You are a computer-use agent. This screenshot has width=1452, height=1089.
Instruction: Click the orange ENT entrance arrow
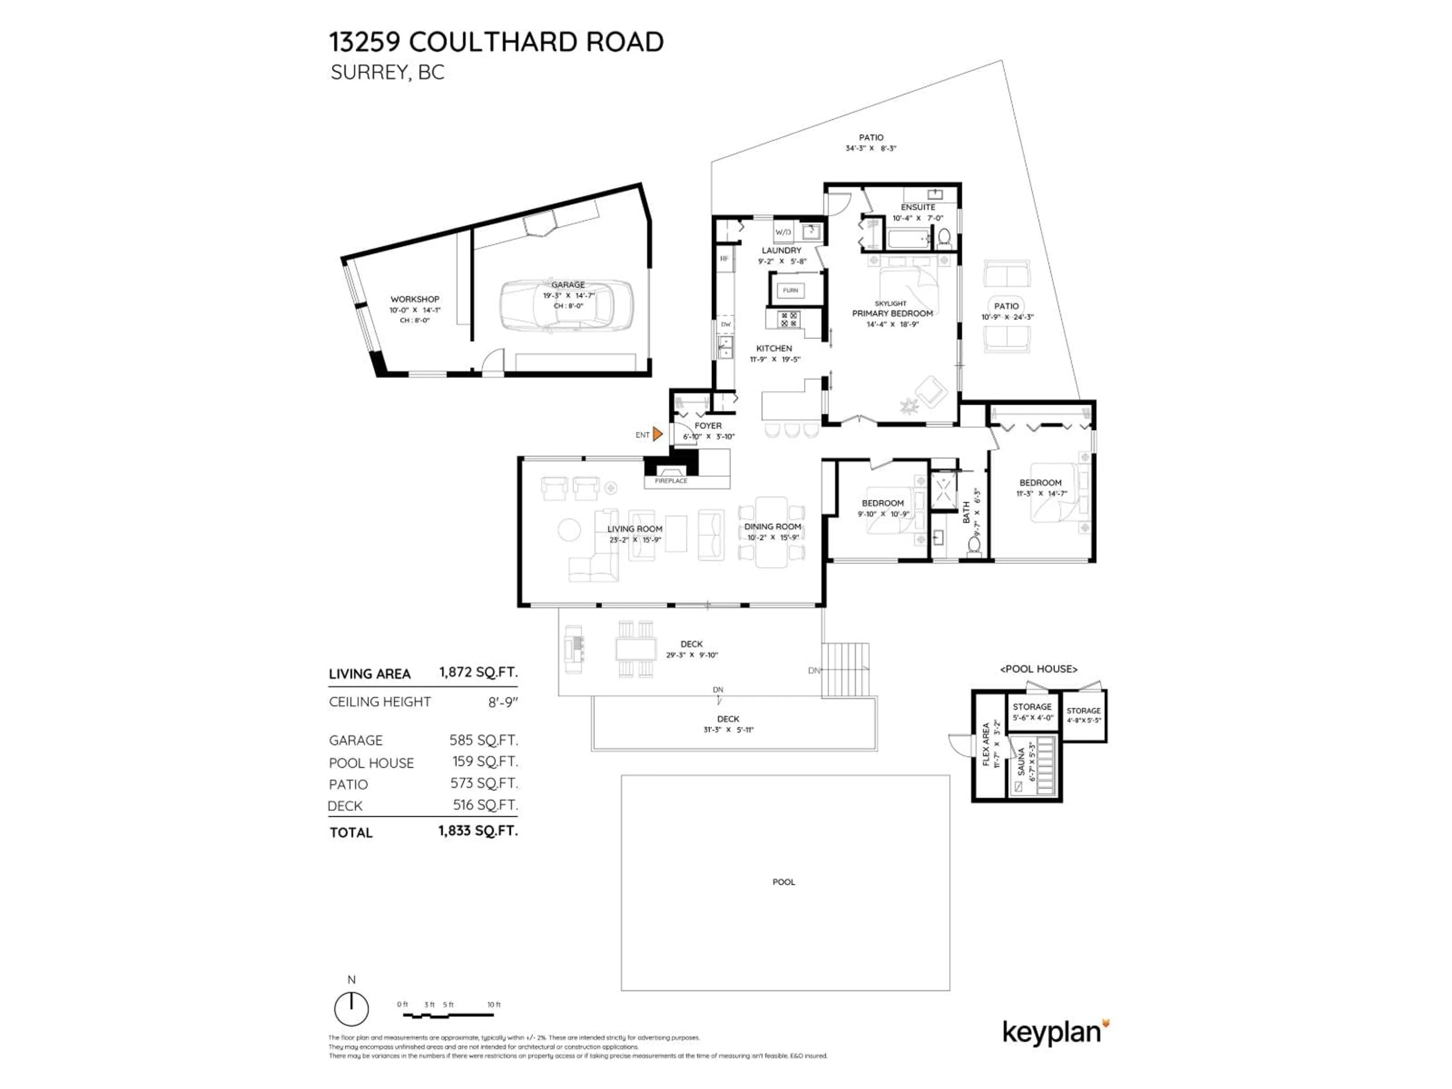coord(657,434)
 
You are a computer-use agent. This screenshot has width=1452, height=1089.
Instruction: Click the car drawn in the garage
coord(567,306)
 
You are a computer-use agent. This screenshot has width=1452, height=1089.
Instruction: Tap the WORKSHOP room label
coord(415,299)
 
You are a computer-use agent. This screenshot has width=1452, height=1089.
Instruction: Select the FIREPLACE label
coord(671,481)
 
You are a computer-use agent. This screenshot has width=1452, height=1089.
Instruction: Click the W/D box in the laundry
coord(783,232)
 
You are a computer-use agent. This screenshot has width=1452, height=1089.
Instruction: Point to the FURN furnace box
coord(790,290)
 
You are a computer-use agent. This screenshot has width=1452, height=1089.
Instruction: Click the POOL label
coord(784,881)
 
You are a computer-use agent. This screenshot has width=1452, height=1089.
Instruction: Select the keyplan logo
coord(1054,1033)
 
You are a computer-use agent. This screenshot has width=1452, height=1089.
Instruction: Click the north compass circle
coord(351,1009)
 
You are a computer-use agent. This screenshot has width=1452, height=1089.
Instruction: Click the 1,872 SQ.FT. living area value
coord(478,672)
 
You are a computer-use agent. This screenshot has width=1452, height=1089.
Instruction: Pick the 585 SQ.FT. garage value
coord(483,740)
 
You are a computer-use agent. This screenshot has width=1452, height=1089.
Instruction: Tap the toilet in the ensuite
coord(944,236)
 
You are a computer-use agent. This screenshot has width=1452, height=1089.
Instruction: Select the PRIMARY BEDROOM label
coord(892,314)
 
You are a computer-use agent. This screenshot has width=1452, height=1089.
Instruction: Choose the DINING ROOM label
coord(773,526)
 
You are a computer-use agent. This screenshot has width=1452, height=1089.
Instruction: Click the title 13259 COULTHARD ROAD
coord(496,42)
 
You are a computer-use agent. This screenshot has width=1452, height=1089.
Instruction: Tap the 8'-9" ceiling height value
coord(503,702)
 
